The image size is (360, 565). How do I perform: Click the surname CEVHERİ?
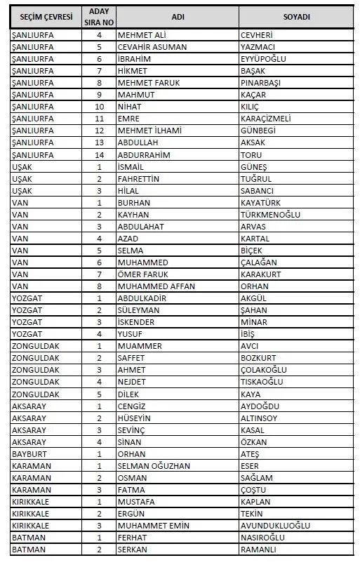257,34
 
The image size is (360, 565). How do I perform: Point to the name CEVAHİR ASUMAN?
149,46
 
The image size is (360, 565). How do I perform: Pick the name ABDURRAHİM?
144,154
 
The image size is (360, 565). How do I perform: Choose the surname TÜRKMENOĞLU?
270,214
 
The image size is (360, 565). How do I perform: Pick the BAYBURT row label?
29,453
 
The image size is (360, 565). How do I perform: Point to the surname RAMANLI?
258,549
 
